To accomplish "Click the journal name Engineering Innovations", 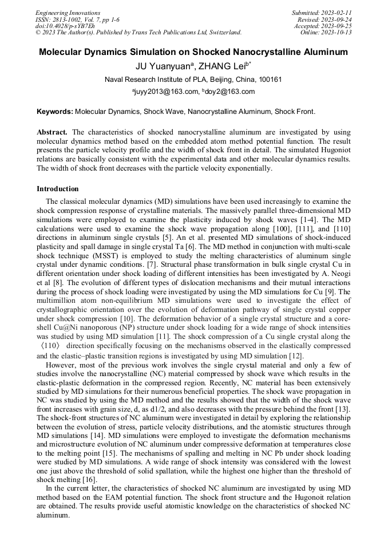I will (x=68, y=13).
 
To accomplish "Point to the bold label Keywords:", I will (x=54, y=112).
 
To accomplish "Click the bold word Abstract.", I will (x=52, y=132).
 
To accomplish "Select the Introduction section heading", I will (x=58, y=189).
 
